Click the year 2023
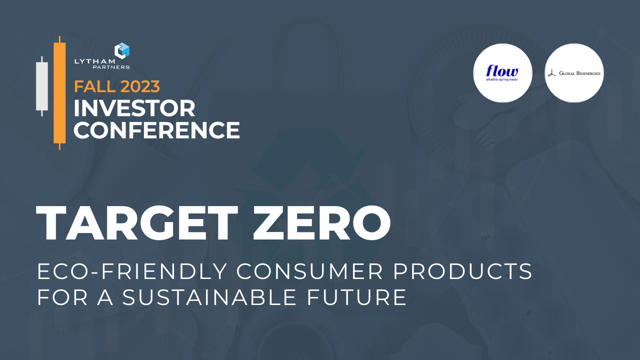(x=139, y=86)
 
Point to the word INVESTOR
(x=134, y=108)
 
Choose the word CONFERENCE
(x=156, y=130)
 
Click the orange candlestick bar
(x=59, y=92)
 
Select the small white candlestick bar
(x=42, y=86)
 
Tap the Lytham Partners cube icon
(x=122, y=50)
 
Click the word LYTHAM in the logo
(x=94, y=61)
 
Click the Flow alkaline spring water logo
(x=502, y=73)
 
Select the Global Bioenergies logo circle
(x=574, y=73)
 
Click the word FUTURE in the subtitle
(x=359, y=297)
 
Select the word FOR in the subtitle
(x=59, y=297)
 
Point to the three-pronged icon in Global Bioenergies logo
(x=551, y=73)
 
